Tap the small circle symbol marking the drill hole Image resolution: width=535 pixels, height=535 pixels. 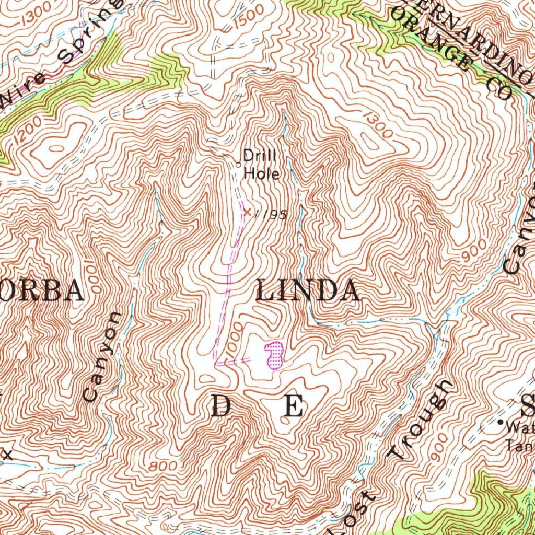point(238,165)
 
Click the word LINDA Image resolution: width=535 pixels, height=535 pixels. point(308,291)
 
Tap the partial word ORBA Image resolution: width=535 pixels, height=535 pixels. point(42,291)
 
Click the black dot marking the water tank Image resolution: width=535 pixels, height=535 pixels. point(500,422)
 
